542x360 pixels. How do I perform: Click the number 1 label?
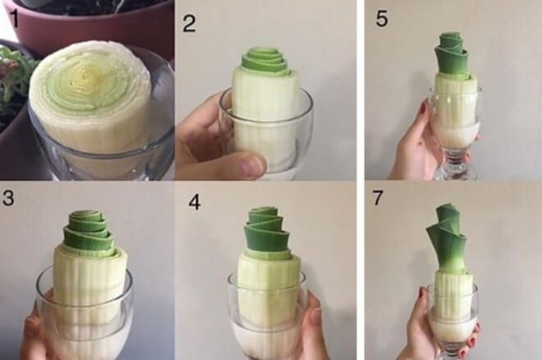click(x=14, y=18)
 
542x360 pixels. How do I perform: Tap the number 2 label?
click(x=189, y=24)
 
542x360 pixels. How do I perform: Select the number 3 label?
click(x=7, y=198)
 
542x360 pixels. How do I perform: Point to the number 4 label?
click(x=195, y=202)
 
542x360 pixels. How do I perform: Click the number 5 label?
click(x=382, y=19)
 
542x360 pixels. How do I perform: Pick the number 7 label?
click(x=377, y=197)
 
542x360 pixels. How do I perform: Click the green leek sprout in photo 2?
click(x=264, y=63)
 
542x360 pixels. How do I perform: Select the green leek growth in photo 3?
click(x=90, y=232)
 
